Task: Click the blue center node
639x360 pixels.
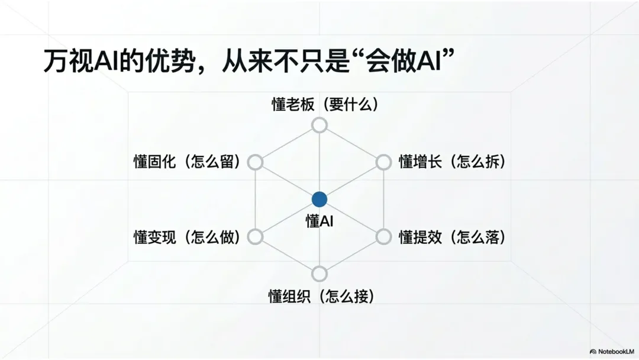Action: pyautogui.click(x=319, y=200)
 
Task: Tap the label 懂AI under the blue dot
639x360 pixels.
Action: pyautogui.click(x=319, y=221)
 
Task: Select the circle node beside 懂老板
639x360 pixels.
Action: pyautogui.click(x=319, y=126)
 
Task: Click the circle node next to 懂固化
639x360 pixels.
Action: pyautogui.click(x=255, y=162)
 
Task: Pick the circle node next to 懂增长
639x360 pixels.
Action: pyautogui.click(x=383, y=162)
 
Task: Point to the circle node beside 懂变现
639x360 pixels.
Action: pyautogui.click(x=255, y=237)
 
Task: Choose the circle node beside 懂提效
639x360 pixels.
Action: pyautogui.click(x=383, y=237)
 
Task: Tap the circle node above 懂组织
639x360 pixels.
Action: pyautogui.click(x=319, y=274)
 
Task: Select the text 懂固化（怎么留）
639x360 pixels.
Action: pyautogui.click(x=187, y=162)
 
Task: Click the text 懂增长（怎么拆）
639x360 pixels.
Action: pyautogui.click(x=453, y=162)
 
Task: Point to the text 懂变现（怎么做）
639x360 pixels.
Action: pyautogui.click(x=187, y=237)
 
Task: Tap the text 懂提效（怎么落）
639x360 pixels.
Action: pyautogui.click(x=453, y=237)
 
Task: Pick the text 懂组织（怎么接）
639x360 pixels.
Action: pyautogui.click(x=322, y=296)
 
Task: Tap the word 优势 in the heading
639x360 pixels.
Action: pyautogui.click(x=174, y=61)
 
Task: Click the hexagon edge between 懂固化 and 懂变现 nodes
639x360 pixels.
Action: pyautogui.click(x=255, y=200)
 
